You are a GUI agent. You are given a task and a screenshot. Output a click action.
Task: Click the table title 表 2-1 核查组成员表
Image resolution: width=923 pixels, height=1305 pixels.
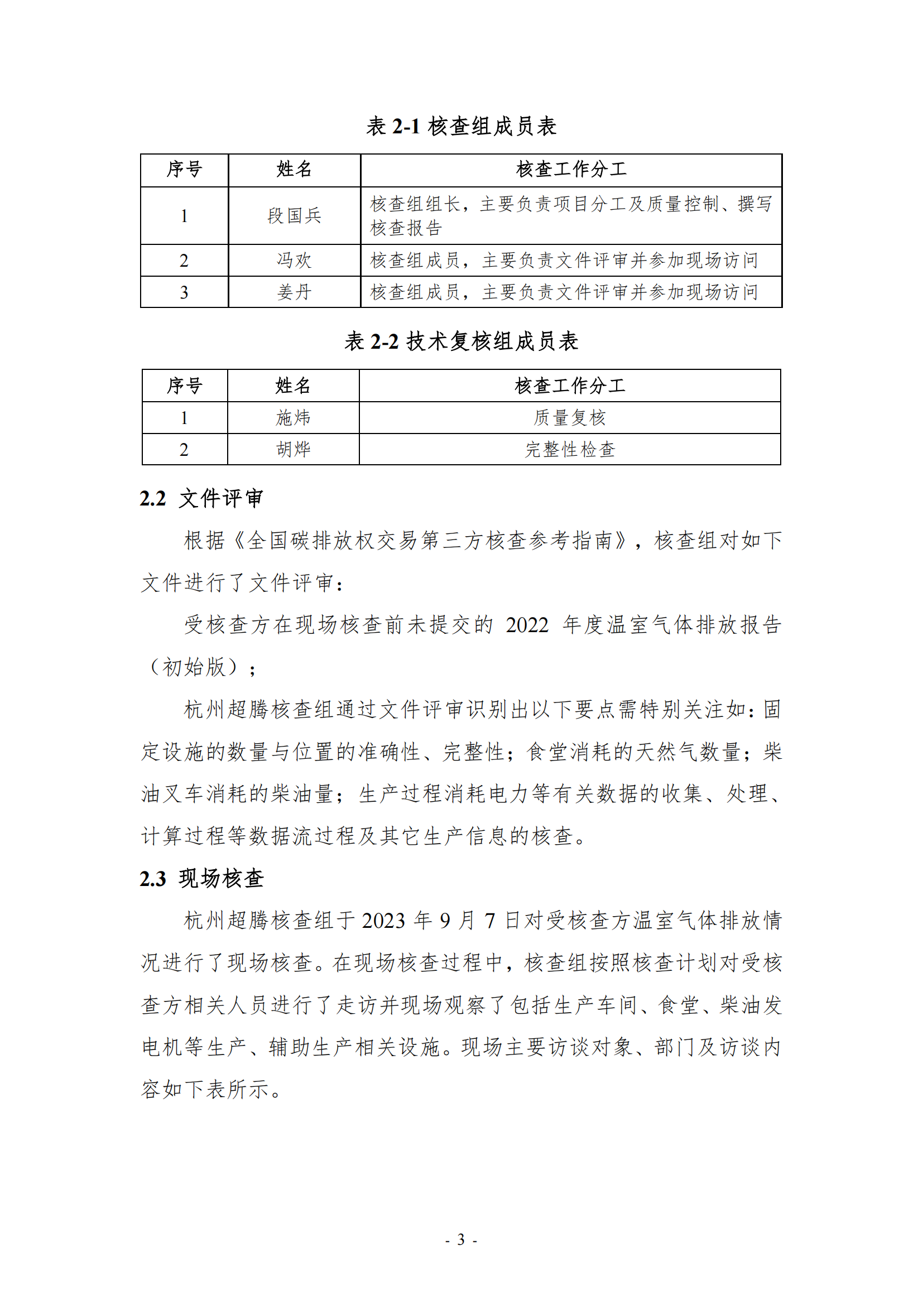click(x=461, y=126)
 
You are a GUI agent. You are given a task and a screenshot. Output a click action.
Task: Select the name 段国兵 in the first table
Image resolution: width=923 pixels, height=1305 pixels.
click(x=295, y=216)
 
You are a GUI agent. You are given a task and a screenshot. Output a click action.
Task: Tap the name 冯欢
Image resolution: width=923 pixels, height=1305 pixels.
click(x=295, y=261)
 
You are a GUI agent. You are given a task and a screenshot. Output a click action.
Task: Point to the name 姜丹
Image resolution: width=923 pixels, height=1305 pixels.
click(x=295, y=292)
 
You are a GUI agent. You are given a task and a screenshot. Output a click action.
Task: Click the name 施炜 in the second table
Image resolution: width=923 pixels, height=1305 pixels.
click(x=294, y=418)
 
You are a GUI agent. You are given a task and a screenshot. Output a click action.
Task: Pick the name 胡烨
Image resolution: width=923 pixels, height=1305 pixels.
click(x=294, y=450)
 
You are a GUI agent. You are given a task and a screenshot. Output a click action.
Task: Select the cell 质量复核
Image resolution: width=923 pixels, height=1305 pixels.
click(x=570, y=418)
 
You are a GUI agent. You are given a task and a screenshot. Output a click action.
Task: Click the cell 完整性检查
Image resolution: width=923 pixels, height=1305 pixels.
click(x=570, y=450)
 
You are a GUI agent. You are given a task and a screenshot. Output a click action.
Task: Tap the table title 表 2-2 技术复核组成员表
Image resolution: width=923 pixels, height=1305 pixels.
click(x=461, y=341)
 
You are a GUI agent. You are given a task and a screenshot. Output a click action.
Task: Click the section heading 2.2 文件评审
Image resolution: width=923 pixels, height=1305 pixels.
click(x=201, y=498)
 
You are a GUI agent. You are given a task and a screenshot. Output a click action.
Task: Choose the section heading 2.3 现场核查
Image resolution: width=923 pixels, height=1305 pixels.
click(x=201, y=878)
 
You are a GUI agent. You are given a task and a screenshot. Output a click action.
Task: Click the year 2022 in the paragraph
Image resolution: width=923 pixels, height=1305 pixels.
click(x=527, y=625)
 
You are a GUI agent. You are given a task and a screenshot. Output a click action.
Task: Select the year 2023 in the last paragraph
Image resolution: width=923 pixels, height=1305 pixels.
click(x=383, y=921)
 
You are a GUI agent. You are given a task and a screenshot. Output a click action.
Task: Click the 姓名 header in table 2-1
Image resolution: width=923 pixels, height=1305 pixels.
click(x=295, y=170)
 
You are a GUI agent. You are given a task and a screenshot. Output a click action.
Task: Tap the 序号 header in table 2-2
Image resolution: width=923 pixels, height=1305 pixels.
click(x=184, y=386)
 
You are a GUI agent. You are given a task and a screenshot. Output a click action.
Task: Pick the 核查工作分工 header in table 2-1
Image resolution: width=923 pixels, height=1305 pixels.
click(x=571, y=170)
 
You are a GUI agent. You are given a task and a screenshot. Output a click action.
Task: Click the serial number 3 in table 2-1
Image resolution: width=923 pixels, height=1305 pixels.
click(x=184, y=292)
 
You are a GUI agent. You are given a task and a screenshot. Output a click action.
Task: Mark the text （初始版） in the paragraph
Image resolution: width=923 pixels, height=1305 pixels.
click(x=193, y=667)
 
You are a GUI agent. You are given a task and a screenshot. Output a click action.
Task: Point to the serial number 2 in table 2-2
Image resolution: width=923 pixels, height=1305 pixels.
click(x=184, y=450)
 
